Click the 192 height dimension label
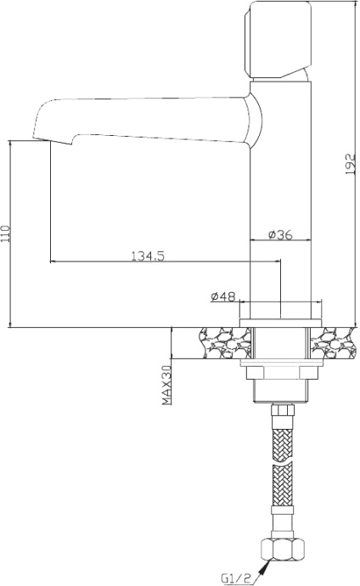(x=348, y=164)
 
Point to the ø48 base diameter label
(x=222, y=296)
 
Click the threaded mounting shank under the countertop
(x=280, y=389)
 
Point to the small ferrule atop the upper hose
(x=281, y=411)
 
